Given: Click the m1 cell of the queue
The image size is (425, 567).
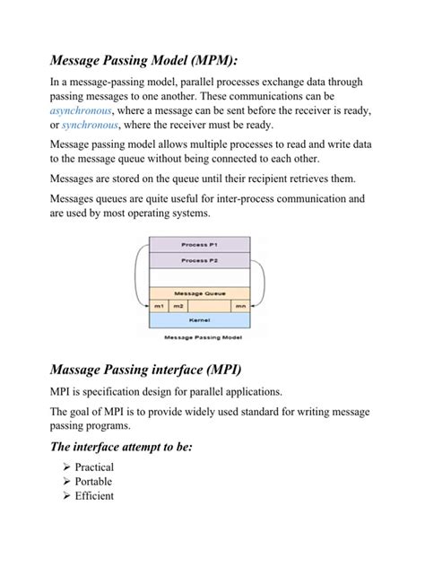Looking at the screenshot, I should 159,305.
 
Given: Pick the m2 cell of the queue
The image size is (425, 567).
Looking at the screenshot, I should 178,305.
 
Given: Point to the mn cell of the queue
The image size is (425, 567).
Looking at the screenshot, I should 240,305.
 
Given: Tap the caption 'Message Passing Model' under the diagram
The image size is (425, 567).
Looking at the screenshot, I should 199,338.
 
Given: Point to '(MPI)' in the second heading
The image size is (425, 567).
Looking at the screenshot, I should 218,369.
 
